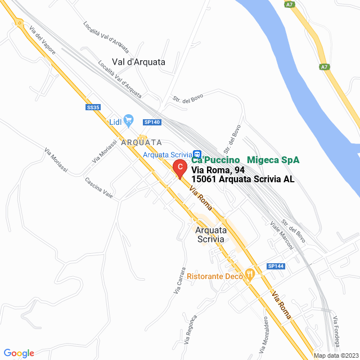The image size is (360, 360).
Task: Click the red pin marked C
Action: [x=179, y=168]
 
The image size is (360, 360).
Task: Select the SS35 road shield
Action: [x=93, y=107]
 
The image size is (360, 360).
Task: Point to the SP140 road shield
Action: [x=152, y=121]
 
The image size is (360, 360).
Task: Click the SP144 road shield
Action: [x=276, y=266]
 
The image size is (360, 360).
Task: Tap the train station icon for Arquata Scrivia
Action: [x=197, y=154]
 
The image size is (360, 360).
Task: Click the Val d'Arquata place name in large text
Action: [x=138, y=62]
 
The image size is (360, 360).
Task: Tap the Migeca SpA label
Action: [x=273, y=160]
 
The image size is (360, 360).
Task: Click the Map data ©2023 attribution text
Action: [x=335, y=355]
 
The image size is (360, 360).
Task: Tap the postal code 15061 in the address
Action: [x=204, y=179]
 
